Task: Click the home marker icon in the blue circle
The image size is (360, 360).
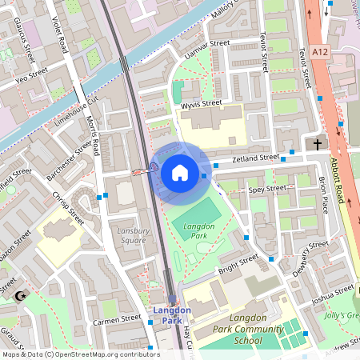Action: [179, 172]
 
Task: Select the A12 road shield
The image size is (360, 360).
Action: [321, 51]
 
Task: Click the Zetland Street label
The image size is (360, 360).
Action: [255, 160]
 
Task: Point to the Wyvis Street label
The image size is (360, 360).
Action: [200, 104]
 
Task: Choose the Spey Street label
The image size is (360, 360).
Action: [266, 190]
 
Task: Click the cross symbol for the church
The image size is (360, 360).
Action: [318, 145]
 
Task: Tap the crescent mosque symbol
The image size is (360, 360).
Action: [21, 297]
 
